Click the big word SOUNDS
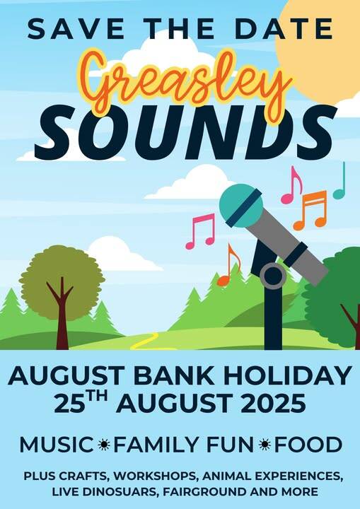coord(185,132)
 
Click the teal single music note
coord(339,181)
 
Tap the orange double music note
coord(310,210)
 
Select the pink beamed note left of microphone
coord(201,231)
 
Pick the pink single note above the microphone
coord(291,185)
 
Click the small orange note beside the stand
coord(228,265)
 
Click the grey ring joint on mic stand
coord(273,276)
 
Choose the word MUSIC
coord(57,445)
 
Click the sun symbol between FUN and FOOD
coord(265,445)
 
